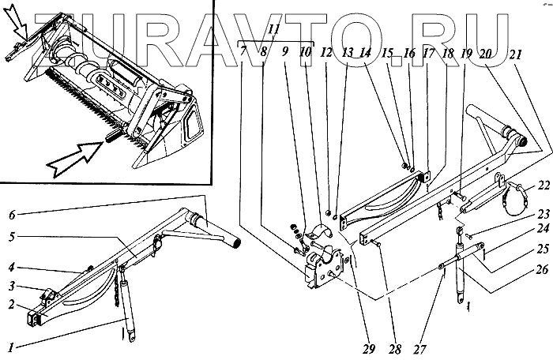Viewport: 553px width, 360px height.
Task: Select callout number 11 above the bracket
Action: coord(274,30)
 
